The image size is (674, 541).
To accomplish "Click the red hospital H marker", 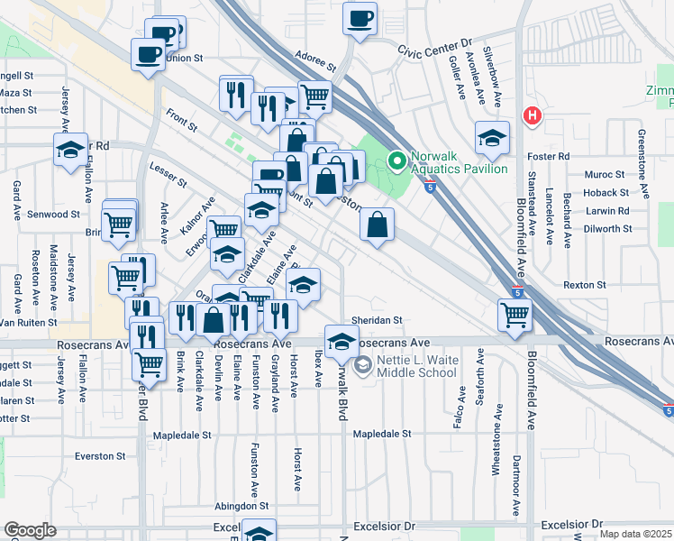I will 533,116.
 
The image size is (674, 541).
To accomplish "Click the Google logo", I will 30,530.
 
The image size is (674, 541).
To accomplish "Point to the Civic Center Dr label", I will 435,42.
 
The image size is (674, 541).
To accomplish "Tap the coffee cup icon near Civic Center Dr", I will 360,19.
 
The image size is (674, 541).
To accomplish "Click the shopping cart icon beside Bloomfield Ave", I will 515,316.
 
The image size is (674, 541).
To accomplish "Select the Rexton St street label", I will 585,285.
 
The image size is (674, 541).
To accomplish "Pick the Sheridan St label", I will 376,320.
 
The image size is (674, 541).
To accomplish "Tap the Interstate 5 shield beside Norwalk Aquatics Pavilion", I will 432,187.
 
